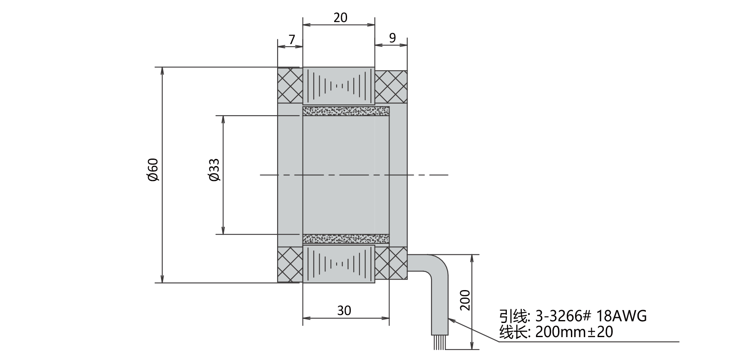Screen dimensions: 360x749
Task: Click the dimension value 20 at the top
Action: click(x=340, y=17)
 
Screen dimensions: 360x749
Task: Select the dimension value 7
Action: click(x=292, y=40)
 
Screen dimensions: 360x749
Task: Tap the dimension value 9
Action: click(x=392, y=38)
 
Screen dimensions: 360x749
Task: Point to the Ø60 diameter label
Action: click(x=153, y=170)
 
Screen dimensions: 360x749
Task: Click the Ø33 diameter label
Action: click(x=214, y=170)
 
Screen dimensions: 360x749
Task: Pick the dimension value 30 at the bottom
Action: click(x=344, y=310)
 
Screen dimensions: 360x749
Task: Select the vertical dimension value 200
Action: click(x=465, y=300)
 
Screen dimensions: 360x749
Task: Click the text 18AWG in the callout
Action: click(x=622, y=316)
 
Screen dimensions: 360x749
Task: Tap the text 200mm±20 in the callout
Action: click(x=574, y=332)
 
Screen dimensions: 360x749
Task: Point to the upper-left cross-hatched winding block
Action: click(x=290, y=85)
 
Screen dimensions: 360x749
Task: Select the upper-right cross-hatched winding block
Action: click(x=391, y=87)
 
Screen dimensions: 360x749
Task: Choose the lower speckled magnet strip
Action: click(x=346, y=238)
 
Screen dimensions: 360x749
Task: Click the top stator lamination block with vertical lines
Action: click(x=339, y=86)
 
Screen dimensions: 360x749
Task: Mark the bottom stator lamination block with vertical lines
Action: click(x=339, y=263)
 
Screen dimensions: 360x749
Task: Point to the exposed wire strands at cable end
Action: click(x=439, y=342)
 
